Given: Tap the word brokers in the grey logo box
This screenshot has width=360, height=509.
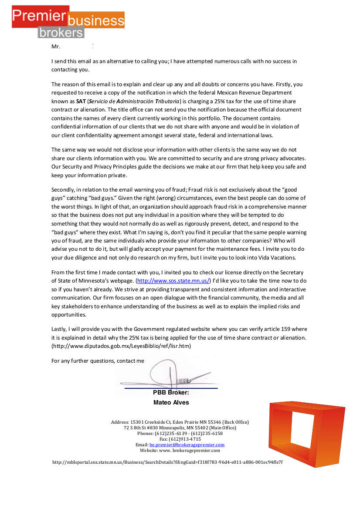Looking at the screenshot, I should coord(61,32).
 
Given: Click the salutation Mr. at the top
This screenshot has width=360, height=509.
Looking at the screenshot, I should coord(55,46).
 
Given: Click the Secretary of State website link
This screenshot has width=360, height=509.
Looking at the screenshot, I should coord(173,281).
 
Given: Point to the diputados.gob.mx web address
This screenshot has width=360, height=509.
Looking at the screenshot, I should coord(121,346).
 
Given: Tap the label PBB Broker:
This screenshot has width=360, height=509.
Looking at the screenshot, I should coord(171,393).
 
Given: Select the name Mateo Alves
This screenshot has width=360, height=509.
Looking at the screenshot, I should coord(171,402).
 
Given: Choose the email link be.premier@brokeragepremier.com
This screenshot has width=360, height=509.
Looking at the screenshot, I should coord(187,445).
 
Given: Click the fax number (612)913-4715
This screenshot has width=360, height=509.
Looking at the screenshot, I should coord(180,439).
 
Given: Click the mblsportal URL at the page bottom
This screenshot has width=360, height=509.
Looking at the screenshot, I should coord(167,462).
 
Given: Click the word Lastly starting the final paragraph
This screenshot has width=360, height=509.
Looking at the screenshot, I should coord(60,329).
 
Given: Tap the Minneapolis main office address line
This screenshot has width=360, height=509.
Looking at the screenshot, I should coord(180,428).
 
